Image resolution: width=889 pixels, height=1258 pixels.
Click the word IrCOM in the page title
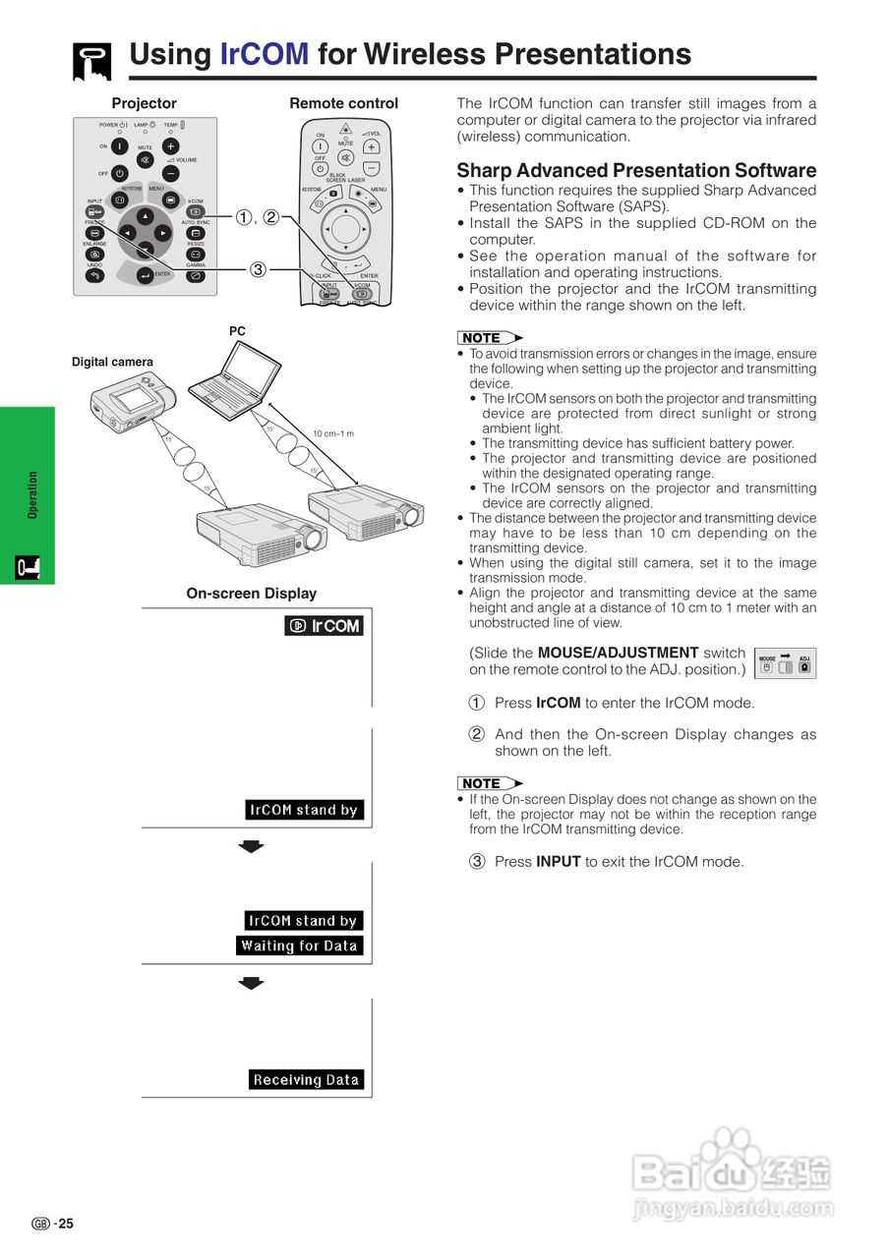coord(264,54)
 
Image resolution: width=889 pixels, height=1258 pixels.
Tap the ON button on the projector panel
coord(119,145)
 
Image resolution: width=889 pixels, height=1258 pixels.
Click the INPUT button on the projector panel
coord(94,211)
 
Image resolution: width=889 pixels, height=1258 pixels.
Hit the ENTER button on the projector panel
coord(146,276)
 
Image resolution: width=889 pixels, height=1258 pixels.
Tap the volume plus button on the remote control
coord(371,146)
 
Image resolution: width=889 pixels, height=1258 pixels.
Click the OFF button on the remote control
coord(321,168)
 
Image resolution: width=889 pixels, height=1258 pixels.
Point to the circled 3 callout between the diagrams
coord(257,269)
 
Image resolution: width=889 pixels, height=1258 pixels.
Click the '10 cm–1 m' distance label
coord(333,433)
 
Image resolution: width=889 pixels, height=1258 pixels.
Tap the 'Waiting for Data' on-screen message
coord(299,946)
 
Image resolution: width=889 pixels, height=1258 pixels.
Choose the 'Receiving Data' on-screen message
coord(306,1079)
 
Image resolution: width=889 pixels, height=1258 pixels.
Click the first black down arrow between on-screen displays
coord(253,846)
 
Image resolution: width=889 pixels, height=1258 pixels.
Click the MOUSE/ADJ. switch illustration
coord(785,664)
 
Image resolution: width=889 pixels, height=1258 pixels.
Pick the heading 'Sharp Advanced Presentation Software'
coord(636,170)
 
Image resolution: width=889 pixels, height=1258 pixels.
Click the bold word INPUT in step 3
coord(558,862)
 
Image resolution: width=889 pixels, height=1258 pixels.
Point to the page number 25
coord(65,1224)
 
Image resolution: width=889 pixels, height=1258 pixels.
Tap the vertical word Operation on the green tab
coord(32,494)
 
